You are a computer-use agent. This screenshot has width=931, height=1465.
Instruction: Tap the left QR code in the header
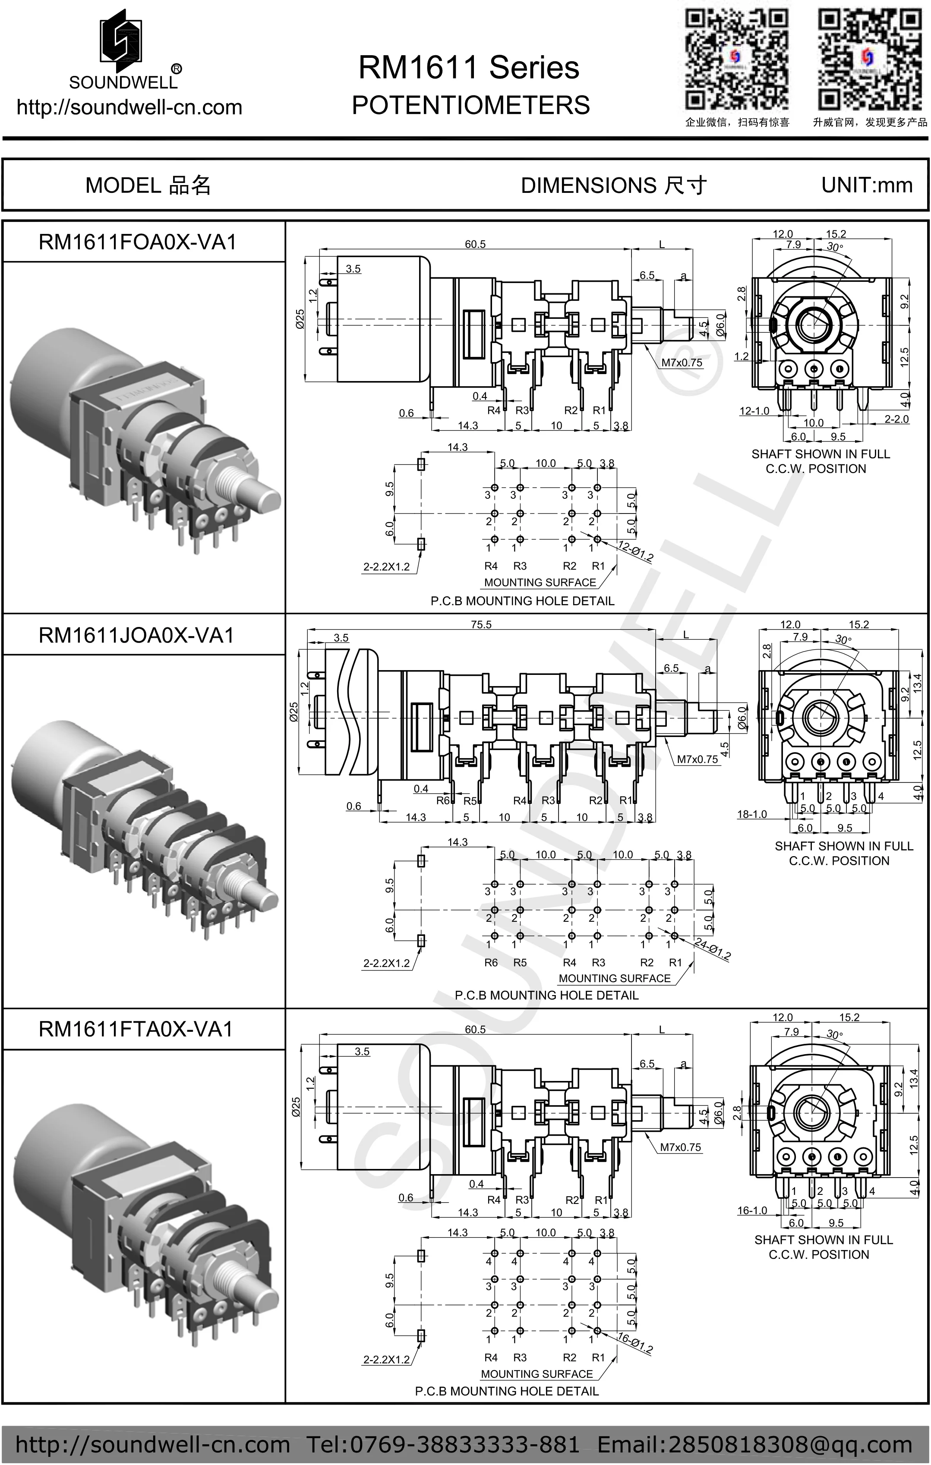(736, 59)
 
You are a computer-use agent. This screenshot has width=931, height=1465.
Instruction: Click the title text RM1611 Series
(469, 67)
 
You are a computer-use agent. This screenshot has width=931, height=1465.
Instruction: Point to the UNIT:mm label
(867, 185)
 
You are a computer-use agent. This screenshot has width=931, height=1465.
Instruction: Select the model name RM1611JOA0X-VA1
(136, 635)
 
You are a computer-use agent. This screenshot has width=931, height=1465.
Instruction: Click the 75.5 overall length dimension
(481, 625)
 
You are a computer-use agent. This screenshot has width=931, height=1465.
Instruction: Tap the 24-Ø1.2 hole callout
(712, 948)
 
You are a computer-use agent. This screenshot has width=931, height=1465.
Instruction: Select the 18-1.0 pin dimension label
(752, 814)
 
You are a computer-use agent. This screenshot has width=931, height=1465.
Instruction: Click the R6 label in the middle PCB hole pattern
(491, 962)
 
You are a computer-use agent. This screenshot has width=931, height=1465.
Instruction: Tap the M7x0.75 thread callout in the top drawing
(682, 362)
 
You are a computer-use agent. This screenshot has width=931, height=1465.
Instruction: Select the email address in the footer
(754, 1444)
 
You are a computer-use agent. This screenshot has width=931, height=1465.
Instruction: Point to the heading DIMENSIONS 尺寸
(613, 185)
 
